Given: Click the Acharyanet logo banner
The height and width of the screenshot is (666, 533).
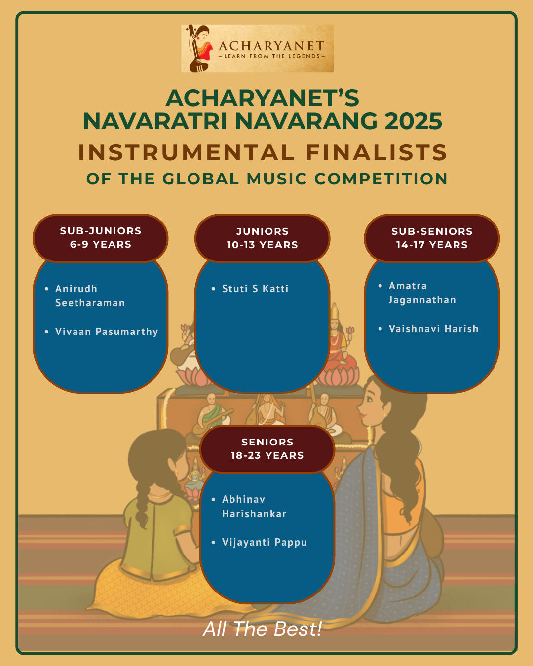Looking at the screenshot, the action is [257, 48].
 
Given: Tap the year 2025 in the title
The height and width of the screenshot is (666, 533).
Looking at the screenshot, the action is [413, 121].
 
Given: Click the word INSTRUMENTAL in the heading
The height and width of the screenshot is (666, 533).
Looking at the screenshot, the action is [186, 152].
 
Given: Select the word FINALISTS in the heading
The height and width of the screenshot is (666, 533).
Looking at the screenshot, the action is [376, 152].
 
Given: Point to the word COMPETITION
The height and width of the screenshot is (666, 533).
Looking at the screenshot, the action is [381, 179].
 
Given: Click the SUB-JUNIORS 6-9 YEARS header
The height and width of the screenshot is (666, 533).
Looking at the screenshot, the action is [101, 238].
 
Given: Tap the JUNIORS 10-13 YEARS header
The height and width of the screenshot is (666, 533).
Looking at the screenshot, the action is [263, 238].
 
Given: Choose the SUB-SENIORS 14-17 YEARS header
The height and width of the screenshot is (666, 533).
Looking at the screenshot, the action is [432, 238].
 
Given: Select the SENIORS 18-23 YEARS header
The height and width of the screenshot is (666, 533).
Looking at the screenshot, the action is [267, 449].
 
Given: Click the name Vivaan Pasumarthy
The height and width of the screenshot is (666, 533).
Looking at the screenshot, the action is [107, 332].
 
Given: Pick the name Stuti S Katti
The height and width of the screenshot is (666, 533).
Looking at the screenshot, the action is [255, 289].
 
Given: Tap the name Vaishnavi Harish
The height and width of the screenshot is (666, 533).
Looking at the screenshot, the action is [434, 329].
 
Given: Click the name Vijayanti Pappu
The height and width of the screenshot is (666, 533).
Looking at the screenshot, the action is [265, 542].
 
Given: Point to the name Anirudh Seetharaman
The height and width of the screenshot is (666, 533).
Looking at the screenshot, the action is [90, 296].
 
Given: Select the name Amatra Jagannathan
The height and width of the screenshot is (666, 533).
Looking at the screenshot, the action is [422, 293].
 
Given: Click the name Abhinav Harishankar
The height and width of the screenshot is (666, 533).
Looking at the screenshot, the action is [254, 506].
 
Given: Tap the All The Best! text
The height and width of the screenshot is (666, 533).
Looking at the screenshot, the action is [263, 629].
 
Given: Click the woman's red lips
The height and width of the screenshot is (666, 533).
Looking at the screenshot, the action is [361, 414].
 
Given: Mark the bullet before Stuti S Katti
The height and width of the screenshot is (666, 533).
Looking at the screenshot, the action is [213, 289].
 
